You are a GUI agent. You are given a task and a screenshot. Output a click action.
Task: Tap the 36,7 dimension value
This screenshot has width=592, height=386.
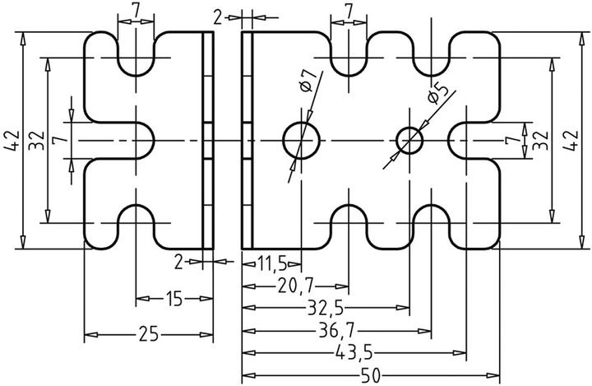point(338,331)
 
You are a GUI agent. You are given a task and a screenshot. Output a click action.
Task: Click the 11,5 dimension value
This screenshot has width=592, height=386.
point(271,263)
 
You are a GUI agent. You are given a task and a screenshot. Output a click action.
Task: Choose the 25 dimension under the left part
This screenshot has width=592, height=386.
point(149,334)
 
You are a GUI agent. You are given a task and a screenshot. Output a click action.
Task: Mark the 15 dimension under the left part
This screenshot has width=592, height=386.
point(172,298)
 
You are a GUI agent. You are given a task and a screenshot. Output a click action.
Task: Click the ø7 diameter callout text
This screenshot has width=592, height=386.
point(306,81)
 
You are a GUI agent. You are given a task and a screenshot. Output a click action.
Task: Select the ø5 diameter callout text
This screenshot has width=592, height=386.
point(437,95)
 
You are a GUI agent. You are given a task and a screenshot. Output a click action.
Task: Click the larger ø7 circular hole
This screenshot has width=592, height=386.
point(302,141)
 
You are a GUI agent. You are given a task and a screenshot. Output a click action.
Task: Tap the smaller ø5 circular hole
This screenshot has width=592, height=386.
point(409,141)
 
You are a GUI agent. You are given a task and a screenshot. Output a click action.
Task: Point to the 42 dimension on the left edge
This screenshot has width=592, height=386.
point(12,141)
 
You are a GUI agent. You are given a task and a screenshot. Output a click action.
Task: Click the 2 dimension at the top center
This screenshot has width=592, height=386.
point(216,16)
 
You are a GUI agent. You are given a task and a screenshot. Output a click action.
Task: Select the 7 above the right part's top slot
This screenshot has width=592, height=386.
point(349,11)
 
